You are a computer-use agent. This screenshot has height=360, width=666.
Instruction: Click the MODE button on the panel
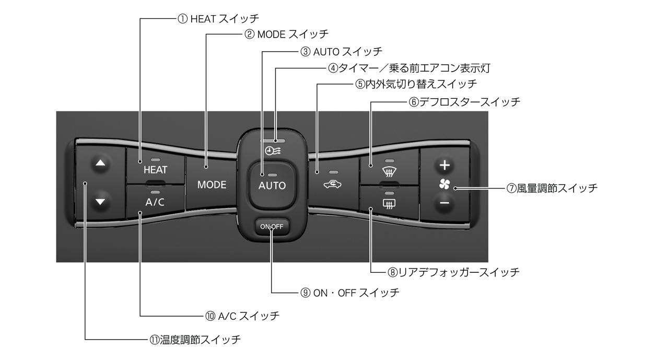212,184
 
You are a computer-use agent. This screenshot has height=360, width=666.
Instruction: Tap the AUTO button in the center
272,185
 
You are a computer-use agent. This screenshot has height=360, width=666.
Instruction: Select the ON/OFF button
272,226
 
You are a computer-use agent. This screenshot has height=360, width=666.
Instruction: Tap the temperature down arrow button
100,201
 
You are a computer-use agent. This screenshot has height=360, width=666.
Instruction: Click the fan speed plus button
444,166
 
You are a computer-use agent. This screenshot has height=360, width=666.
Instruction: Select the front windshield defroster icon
388,170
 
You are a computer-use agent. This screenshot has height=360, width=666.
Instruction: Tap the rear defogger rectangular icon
388,203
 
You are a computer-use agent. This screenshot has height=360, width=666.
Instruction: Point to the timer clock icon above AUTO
272,150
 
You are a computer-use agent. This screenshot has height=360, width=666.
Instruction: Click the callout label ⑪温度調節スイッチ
195,340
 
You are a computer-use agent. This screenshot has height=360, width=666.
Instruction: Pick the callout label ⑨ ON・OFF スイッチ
350,293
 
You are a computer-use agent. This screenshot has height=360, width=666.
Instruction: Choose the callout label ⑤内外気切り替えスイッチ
416,84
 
